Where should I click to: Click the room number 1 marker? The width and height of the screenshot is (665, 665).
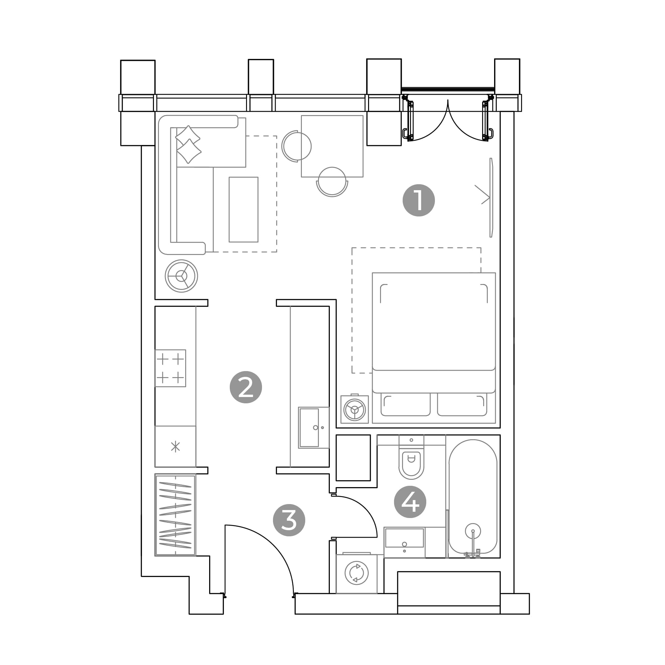pos(419,200)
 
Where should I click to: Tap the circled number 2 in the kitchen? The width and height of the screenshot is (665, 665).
pos(246,387)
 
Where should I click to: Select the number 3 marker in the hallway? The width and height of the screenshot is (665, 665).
pos(289,520)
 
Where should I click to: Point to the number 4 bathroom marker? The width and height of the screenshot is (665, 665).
pos(410,502)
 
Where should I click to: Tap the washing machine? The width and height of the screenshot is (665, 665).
pos(356,573)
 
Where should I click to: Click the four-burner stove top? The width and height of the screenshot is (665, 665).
pos(170,368)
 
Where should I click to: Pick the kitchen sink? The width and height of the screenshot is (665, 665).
pos(314,428)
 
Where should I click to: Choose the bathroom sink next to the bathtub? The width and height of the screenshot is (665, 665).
pos(404,542)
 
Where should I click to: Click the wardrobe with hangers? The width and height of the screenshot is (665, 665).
pos(175,515)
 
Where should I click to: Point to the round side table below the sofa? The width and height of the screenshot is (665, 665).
pos(182,276)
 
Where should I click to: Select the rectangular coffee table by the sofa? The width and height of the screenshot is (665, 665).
pos(244,209)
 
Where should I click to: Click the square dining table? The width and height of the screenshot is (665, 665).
pos(332,146)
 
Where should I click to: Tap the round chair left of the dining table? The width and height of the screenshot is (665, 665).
pos(296,146)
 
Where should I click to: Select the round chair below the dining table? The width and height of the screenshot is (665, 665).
pos(332,182)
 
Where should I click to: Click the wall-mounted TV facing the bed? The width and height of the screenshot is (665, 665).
pos(491,198)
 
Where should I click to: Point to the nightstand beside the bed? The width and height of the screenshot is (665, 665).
pos(354,409)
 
